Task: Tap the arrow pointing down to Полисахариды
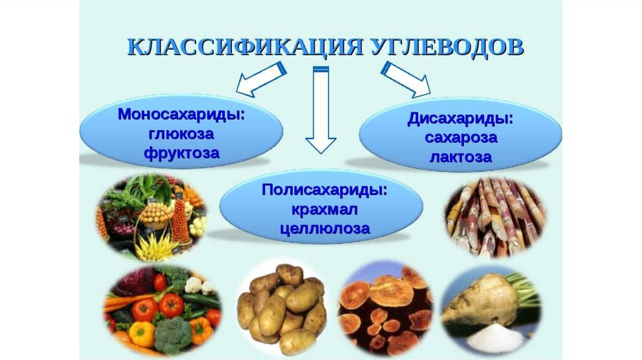[x=320, y=110]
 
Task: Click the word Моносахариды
[x=181, y=115]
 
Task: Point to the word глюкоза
[x=181, y=134]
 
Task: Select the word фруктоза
[x=181, y=152]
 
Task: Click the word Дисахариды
[x=460, y=119]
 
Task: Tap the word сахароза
[x=460, y=137]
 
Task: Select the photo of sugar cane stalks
[x=494, y=217]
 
